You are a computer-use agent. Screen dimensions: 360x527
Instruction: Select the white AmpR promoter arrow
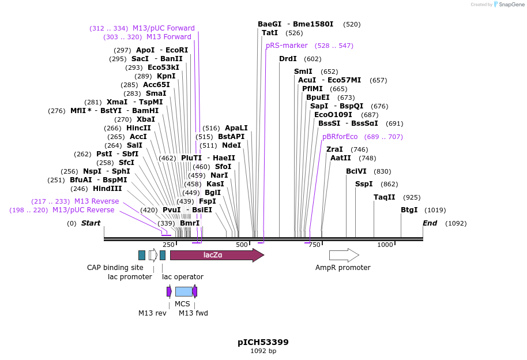tap(344, 255)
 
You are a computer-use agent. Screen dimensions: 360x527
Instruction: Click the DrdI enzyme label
tap(288, 59)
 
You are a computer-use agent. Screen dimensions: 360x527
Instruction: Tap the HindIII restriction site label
tap(107, 189)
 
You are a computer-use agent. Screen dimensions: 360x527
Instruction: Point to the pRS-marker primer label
tap(287, 46)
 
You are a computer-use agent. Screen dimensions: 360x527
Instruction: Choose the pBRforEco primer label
tap(340, 137)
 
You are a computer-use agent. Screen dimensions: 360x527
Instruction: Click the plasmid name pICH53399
tap(263, 342)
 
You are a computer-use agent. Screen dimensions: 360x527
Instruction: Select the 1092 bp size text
tap(263, 351)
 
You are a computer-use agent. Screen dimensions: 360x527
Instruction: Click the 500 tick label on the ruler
tap(242, 245)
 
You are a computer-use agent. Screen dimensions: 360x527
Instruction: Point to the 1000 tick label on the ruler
tap(385, 245)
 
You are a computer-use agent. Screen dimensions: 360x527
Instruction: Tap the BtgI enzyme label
tap(409, 210)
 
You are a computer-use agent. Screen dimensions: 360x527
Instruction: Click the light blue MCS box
tap(183, 291)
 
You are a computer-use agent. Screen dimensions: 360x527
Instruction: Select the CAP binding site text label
tap(115, 268)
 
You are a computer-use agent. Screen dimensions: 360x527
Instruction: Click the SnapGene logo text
tap(510, 5)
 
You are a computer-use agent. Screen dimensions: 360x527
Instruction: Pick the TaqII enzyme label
tap(384, 197)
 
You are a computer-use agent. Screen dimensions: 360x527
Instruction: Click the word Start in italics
tap(91, 223)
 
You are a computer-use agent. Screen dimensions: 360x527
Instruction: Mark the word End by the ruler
tap(430, 223)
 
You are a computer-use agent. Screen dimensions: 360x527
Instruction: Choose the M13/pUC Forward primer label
tap(163, 28)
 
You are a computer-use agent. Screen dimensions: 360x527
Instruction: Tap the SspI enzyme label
tap(363, 184)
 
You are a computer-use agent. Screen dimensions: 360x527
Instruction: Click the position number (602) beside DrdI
tap(313, 59)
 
